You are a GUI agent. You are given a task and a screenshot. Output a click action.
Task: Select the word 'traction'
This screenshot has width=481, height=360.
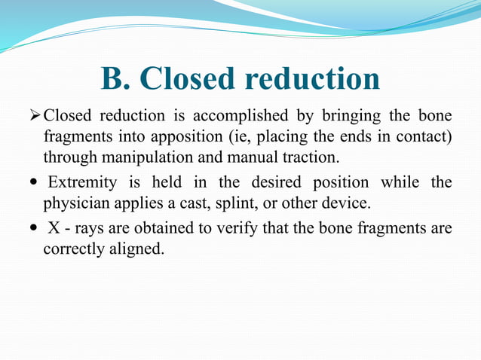tap(311, 158)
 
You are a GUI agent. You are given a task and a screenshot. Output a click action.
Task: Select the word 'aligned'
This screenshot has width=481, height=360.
tap(136, 248)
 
